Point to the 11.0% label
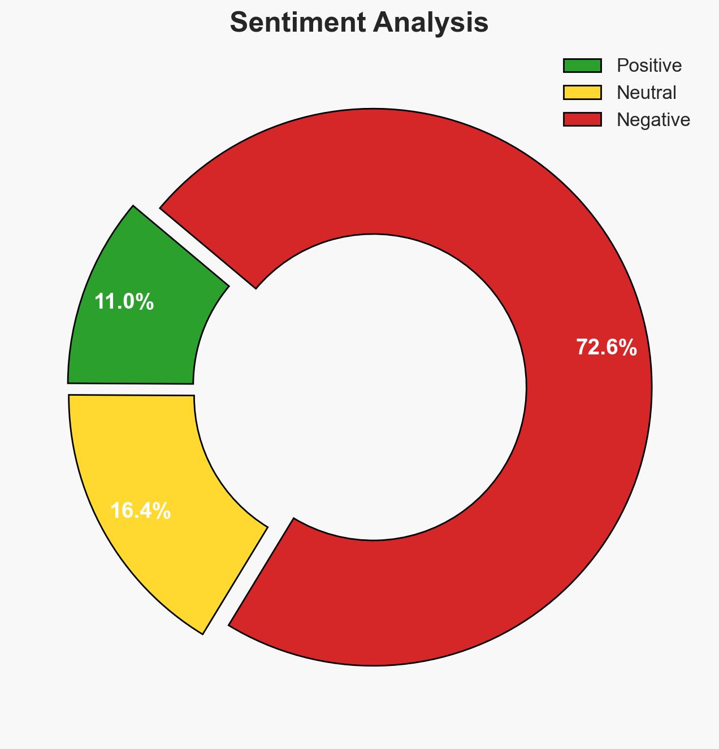124,302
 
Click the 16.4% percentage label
140,511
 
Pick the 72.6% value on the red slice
606,348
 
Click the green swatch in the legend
582,66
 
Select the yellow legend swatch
582,92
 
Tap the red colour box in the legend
582,119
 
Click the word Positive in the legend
649,66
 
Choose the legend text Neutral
647,92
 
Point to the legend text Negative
653,119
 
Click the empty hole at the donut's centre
373,387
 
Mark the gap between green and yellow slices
130,389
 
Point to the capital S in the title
239,23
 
